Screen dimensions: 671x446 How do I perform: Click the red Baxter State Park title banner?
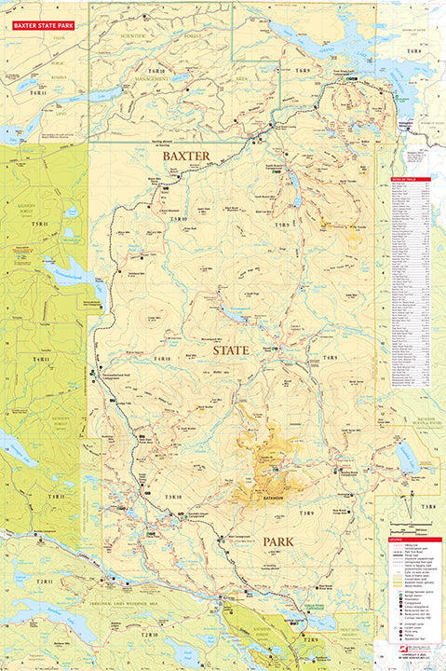click(39, 13)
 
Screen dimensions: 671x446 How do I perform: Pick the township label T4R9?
click(331, 358)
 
